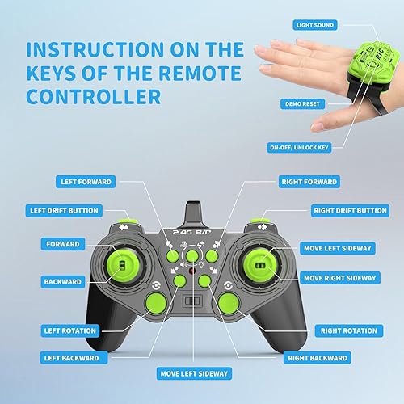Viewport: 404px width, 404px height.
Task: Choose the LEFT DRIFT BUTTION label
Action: tap(75, 211)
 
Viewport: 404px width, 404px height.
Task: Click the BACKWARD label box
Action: tap(62, 282)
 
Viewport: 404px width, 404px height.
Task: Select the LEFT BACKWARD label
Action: tap(73, 358)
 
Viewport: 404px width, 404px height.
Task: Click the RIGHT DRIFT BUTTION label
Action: tap(349, 211)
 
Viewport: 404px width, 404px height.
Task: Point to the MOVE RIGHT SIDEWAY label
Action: tap(339, 278)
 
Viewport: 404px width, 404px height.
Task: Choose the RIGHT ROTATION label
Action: tap(348, 330)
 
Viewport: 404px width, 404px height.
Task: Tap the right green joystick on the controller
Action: tap(259, 264)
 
